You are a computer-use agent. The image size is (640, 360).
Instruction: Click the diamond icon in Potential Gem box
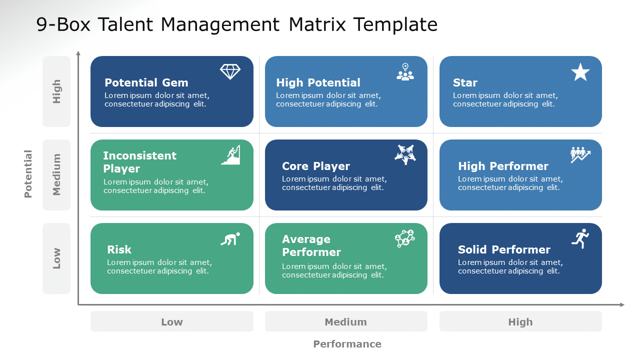click(x=230, y=71)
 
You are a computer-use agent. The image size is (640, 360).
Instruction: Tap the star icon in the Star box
click(x=580, y=72)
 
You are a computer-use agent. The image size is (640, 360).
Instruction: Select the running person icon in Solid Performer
click(x=580, y=238)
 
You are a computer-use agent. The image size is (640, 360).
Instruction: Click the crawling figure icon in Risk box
click(x=230, y=239)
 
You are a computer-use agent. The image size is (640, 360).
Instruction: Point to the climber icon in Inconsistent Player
click(x=231, y=155)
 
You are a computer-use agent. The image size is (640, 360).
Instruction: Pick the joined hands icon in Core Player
click(x=405, y=154)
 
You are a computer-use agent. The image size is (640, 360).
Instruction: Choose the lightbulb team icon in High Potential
click(x=405, y=72)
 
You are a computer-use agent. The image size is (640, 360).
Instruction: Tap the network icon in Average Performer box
click(x=405, y=238)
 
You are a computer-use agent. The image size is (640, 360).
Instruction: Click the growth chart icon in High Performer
click(x=580, y=155)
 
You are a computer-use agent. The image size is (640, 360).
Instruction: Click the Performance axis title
click(x=347, y=344)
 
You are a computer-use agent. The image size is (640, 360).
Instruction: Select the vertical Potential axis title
click(x=28, y=173)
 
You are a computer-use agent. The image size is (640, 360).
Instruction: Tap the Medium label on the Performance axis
click(x=345, y=322)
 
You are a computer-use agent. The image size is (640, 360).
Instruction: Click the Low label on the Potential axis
click(x=56, y=258)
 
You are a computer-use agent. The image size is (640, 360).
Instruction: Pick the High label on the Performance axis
click(x=520, y=322)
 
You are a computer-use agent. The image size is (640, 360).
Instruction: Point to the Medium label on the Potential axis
click(x=56, y=174)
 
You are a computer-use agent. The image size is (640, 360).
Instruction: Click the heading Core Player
click(x=315, y=166)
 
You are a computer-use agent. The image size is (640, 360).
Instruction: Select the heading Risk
click(x=119, y=249)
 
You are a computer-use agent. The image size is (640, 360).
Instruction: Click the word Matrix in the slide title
click(x=317, y=24)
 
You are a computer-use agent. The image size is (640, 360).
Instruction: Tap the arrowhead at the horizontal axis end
click(x=622, y=305)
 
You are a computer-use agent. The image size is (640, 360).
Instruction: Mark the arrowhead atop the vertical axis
click(x=78, y=53)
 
